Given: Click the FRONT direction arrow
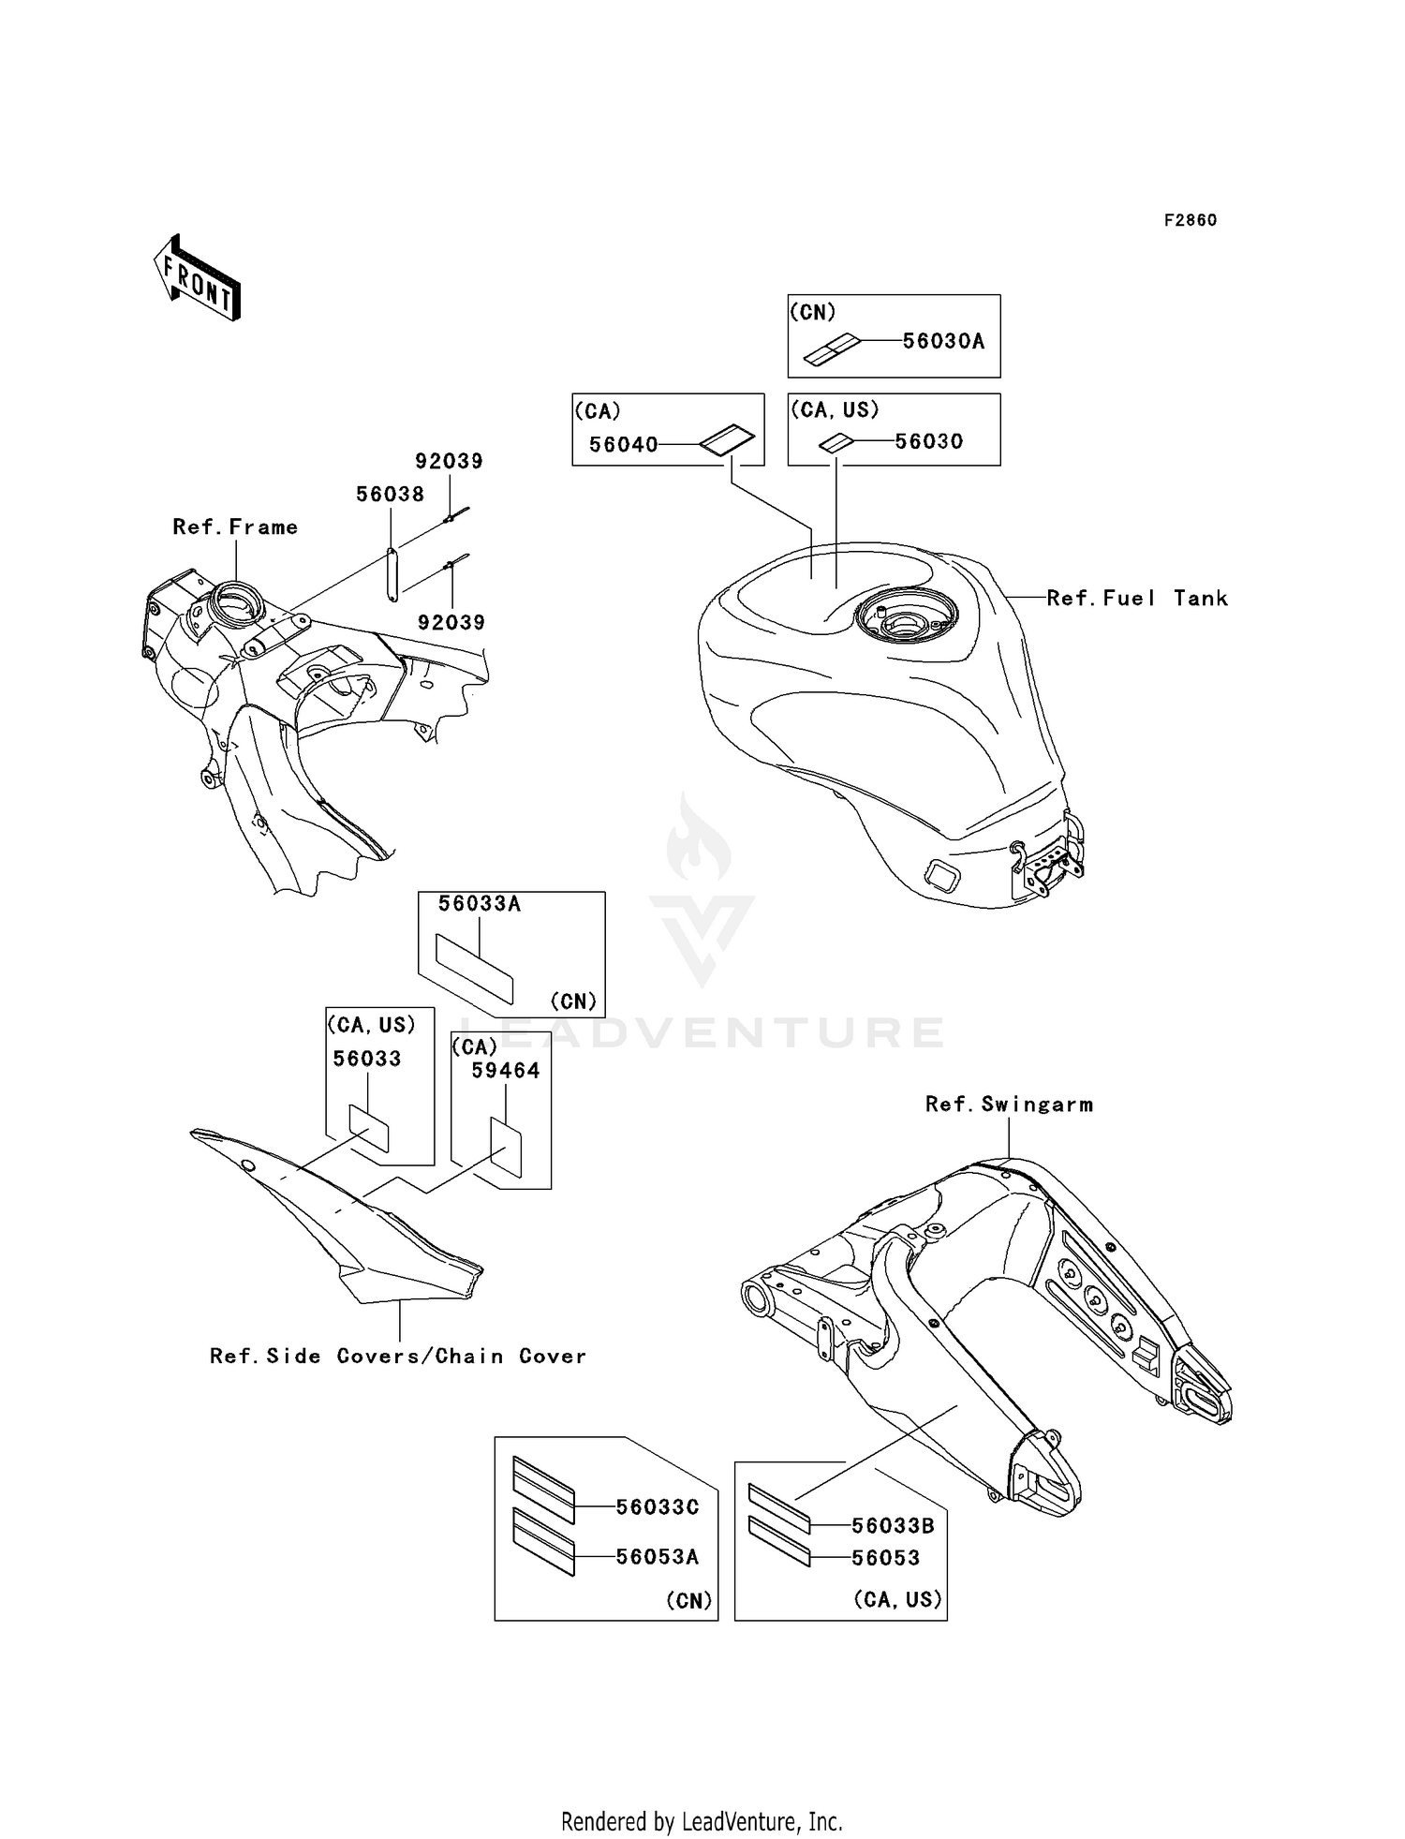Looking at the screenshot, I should click(198, 277).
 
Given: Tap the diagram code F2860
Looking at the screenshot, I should click(1190, 220).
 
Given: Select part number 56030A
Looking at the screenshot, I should click(943, 341).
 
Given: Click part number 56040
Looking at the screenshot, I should click(624, 444).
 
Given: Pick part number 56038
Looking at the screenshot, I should click(390, 494).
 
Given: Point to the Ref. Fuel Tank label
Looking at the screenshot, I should click(1136, 598).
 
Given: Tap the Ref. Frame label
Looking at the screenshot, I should click(235, 527).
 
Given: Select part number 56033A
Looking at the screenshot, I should click(480, 904).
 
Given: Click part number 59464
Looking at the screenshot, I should click(506, 1070).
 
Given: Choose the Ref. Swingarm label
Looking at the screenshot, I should click(1009, 1105).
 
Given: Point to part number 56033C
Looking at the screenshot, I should click(658, 1507).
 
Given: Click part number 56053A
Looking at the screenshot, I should click(658, 1556).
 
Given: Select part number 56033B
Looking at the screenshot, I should click(893, 1525).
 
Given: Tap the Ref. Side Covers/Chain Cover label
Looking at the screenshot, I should click(398, 1356).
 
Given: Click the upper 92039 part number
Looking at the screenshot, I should click(449, 461).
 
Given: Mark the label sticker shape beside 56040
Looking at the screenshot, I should click(727, 440).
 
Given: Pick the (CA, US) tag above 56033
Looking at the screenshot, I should click(371, 1025).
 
